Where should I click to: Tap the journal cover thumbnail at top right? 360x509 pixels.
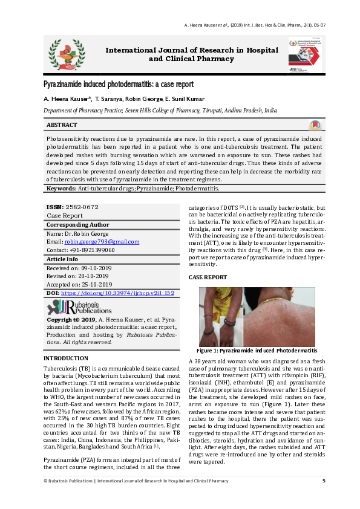306,53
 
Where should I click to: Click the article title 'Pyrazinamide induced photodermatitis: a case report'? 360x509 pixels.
119,84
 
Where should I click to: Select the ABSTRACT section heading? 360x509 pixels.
62,125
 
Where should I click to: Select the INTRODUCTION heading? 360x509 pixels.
66,358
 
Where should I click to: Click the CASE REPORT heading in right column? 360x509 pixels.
208,277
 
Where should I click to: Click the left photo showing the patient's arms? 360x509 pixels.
221,315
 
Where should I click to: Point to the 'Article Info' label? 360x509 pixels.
62,259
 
